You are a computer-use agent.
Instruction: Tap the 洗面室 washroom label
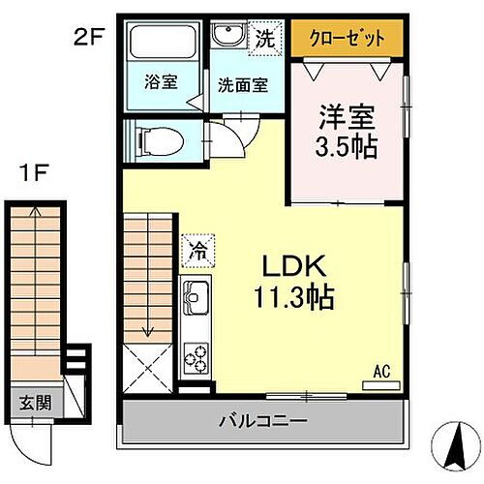pos(242,84)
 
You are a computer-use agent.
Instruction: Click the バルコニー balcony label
pos(261,421)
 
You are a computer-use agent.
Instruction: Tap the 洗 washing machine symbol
pos(263,38)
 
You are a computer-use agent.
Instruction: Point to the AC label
pos(380,369)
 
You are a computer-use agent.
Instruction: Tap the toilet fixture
pos(159,141)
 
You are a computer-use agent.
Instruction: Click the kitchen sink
pos(195,293)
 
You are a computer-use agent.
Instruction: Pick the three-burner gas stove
pos(195,357)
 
